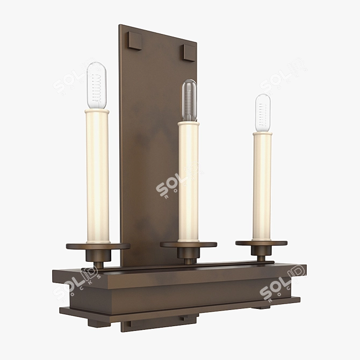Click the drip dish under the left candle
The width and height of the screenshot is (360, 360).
[x=98, y=247]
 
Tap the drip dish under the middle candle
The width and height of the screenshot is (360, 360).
[x=189, y=244]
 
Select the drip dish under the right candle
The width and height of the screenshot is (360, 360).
[x=262, y=243]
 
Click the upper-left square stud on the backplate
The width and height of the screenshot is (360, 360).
[x=134, y=41]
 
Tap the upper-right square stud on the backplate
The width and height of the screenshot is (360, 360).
[x=189, y=53]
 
